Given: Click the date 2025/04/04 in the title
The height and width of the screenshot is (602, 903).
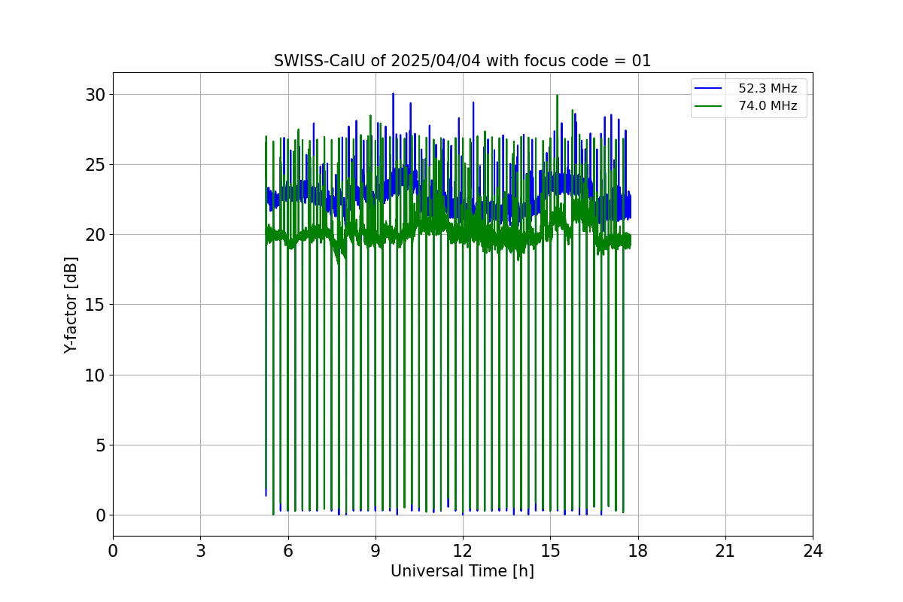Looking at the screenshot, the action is coord(436,61).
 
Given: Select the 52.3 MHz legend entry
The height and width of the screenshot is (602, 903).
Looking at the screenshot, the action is coord(745,88).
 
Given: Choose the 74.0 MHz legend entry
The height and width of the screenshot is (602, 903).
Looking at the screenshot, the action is coord(745,105).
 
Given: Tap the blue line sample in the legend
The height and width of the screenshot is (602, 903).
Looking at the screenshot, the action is coord(708,88).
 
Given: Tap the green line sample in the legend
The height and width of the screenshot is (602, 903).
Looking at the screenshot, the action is coord(708,106).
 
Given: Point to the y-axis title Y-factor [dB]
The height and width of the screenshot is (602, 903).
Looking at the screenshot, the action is coord(71,306).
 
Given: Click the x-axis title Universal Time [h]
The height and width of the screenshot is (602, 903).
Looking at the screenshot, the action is coord(462,571).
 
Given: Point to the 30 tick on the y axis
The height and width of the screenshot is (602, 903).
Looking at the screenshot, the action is coord(95,95).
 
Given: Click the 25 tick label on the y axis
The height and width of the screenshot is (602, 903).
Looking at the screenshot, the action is coord(95,165).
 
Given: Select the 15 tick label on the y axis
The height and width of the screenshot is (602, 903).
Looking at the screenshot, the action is coord(95,305).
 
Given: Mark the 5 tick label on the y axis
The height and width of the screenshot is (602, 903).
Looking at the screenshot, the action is coord(100,445).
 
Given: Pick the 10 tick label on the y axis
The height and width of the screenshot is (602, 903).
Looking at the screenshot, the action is coord(95,375).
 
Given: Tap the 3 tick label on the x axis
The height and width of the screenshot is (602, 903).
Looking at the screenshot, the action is coord(201,551).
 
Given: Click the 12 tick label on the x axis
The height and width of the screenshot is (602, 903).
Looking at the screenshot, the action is coord(463,551).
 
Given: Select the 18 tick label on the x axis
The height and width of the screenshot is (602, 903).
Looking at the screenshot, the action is coord(638,551).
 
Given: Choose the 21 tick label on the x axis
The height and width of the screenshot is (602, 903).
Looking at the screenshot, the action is coord(725,551).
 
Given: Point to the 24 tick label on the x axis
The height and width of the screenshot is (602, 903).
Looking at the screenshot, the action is coord(813,551).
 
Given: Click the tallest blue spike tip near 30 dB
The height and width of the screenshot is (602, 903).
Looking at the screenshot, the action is coord(393,93).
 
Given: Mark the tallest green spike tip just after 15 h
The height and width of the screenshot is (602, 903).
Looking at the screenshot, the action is coord(557,96).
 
